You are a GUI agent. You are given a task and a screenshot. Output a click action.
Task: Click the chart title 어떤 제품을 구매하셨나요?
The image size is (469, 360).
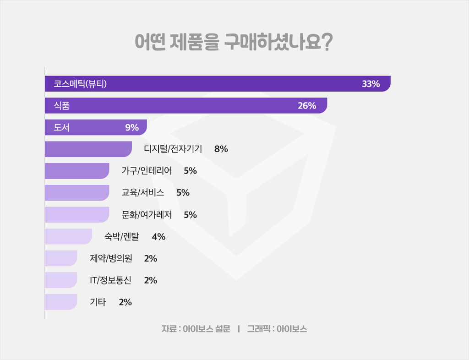234,43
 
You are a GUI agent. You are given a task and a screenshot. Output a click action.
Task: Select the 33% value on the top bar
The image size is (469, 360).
371,84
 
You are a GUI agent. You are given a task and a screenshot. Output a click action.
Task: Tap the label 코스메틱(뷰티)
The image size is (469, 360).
80,84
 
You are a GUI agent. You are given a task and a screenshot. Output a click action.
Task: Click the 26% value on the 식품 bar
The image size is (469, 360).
307,106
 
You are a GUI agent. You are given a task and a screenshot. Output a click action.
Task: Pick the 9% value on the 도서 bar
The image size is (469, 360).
132,128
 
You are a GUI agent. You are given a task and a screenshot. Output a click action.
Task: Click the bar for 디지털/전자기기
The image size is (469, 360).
88,149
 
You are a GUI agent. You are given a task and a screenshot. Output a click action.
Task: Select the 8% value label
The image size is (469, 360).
221,149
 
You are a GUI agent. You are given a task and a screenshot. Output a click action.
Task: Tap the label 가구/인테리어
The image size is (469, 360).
147,171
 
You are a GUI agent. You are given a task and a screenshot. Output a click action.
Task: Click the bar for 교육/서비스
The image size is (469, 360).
77,193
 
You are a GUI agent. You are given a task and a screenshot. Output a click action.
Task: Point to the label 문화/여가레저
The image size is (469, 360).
147,215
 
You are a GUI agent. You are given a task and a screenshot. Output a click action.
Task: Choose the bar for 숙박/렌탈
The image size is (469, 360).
68,236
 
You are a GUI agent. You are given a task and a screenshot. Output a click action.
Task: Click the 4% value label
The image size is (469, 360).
158,237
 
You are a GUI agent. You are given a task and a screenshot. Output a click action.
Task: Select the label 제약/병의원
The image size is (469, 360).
111,258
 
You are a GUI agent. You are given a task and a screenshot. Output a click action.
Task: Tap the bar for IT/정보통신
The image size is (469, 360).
61,280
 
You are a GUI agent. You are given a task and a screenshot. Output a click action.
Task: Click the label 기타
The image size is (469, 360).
98,302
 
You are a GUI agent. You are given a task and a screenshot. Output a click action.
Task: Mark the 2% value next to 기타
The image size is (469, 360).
125,302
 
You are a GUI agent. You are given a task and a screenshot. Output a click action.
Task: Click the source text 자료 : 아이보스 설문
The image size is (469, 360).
196,329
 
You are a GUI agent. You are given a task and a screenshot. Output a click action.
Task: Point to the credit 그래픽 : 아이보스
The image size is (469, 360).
277,329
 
